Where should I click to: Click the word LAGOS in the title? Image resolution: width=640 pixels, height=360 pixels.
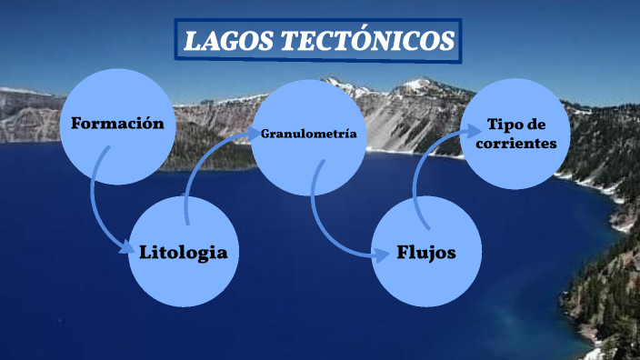pos(226,42)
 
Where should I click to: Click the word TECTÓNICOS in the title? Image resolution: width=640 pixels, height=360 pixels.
pos(364,42)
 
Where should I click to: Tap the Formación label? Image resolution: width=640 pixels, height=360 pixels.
pos(117,124)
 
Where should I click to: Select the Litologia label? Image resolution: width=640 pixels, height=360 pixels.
pos(184,252)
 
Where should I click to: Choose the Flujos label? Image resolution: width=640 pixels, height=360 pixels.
pos(426,253)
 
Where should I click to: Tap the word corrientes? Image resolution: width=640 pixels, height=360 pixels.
pos(515,144)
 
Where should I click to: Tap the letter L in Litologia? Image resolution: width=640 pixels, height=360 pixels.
pos(145,252)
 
